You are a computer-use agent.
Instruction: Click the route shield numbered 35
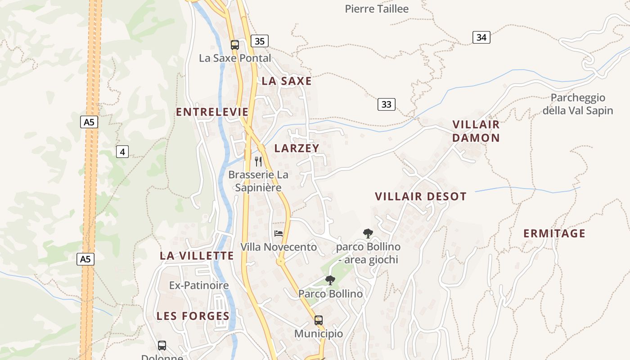(259, 41)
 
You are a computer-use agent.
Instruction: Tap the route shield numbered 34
(481, 37)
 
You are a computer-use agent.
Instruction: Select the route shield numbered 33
(386, 104)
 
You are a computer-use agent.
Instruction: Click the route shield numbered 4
(122, 152)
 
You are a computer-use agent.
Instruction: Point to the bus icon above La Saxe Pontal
(235, 45)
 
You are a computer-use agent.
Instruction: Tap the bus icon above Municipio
(319, 320)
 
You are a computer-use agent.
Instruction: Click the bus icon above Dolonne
(162, 346)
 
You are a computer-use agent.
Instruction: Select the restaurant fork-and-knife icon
(258, 161)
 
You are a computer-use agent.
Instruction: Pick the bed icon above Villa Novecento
(279, 233)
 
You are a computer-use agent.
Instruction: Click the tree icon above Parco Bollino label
(330, 280)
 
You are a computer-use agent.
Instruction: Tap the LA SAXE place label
(287, 81)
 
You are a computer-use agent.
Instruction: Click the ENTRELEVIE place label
(212, 112)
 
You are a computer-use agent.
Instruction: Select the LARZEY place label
(297, 148)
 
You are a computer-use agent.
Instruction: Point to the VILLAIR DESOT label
(421, 197)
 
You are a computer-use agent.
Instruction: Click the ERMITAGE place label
(554, 234)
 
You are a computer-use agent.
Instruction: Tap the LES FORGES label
(193, 316)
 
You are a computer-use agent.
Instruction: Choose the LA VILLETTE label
(197, 256)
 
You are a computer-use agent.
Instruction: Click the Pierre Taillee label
(377, 9)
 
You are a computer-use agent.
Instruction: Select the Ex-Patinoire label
(199, 285)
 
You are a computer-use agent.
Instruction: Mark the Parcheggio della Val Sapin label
(578, 104)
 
